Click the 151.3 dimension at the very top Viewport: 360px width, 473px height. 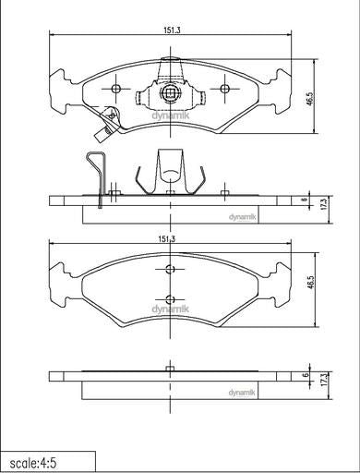point(172,30)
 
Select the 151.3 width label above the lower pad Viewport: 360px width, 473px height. point(166,239)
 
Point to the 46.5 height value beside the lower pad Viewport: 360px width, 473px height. point(310,282)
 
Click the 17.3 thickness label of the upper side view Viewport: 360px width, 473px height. point(323,204)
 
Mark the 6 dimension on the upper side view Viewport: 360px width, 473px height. point(305,200)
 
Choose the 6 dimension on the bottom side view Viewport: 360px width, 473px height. point(306,375)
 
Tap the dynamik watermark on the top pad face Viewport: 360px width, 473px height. point(171,115)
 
